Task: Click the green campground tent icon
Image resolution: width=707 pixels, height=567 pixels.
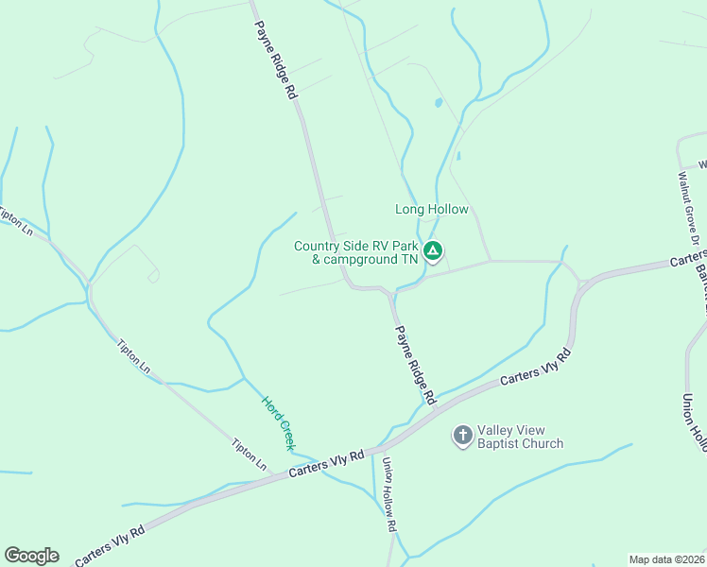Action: tap(432, 251)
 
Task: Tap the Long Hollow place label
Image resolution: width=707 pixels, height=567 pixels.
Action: tap(431, 209)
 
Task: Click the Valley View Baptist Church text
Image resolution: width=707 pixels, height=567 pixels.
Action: tap(520, 436)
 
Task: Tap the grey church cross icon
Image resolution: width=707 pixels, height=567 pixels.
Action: tap(462, 435)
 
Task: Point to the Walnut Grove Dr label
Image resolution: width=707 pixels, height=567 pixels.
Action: tap(689, 203)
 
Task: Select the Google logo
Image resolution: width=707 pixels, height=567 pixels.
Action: tap(31, 556)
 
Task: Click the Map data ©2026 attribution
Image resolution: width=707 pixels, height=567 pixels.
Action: tap(666, 559)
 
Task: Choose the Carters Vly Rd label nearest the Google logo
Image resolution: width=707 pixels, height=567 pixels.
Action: tap(110, 544)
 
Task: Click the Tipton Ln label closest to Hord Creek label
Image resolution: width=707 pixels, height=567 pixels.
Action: tap(251, 455)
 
